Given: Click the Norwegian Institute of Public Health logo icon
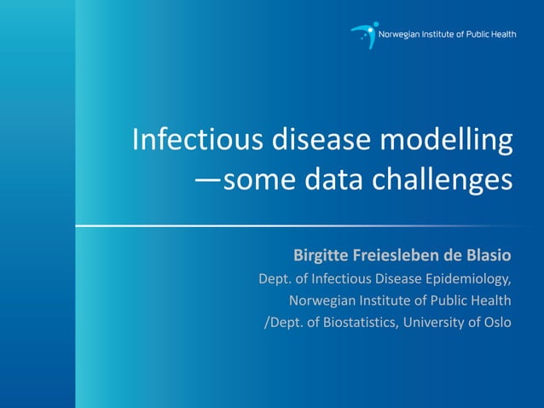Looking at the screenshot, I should click(364, 35).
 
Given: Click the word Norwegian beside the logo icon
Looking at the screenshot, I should click(405, 34).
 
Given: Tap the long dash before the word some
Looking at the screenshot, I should click(208, 182).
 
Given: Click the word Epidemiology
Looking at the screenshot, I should click(468, 278).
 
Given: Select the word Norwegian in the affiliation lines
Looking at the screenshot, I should click(321, 300).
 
